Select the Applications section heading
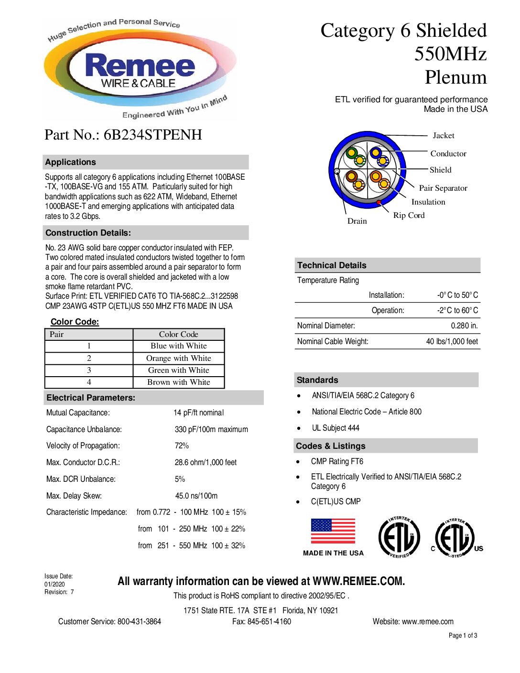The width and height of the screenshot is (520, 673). click(x=71, y=162)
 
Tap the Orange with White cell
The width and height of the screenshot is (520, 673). click(x=178, y=358)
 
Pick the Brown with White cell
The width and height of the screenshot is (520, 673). click(x=178, y=382)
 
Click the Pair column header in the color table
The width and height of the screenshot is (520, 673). click(x=57, y=334)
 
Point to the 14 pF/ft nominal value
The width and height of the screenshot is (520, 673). click(x=198, y=412)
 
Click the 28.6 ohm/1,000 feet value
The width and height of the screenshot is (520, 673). click(x=206, y=462)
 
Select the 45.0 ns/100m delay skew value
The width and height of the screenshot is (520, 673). click(x=196, y=496)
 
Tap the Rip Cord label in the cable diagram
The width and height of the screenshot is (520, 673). click(x=409, y=215)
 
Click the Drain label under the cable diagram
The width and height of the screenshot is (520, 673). click(x=357, y=221)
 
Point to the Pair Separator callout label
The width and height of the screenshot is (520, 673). click(x=443, y=188)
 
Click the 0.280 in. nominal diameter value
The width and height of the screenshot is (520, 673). click(x=464, y=326)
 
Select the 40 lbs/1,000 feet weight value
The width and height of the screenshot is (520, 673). click(x=452, y=341)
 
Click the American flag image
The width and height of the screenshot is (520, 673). click(x=333, y=531)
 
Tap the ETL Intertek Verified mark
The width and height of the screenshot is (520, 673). click(x=399, y=537)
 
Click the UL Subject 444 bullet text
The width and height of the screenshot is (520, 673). click(x=336, y=428)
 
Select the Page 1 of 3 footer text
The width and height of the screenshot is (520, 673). click(x=463, y=635)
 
